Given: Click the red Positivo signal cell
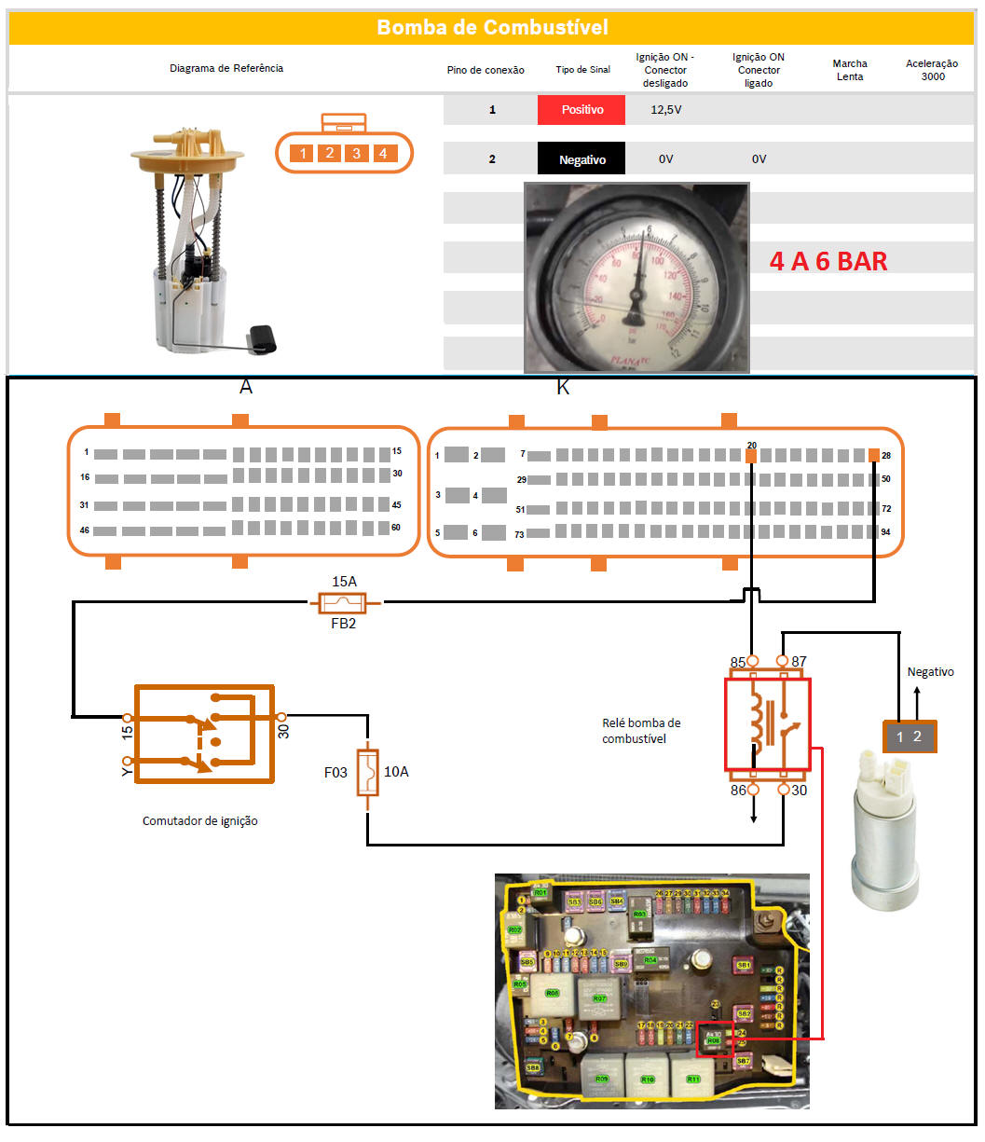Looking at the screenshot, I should point(582,110).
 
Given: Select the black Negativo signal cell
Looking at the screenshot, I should point(581,159).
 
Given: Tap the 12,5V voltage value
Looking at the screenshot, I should point(665,110).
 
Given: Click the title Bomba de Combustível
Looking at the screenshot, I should point(492,28).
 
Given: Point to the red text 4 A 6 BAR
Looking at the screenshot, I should point(828,261).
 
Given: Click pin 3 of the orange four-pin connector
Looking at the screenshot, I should point(357,153).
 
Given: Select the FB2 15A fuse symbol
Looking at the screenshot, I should point(344,603).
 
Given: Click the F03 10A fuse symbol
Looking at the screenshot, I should point(368,772).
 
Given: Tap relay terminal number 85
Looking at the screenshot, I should point(738,663).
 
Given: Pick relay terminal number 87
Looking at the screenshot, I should point(799,662).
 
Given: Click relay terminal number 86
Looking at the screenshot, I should point(738,791).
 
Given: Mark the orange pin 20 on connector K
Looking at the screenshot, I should point(751,456).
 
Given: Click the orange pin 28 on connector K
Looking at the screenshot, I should point(873,455).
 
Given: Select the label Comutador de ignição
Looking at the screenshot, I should point(199,821).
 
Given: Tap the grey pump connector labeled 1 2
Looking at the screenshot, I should point(909,737).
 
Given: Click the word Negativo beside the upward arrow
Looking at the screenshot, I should point(930,671).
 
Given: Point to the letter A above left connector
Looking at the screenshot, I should point(246,387).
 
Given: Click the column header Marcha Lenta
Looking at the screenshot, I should point(849,70).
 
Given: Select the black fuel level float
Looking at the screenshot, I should point(264,337).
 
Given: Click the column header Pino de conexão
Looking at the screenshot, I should point(486,70).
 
